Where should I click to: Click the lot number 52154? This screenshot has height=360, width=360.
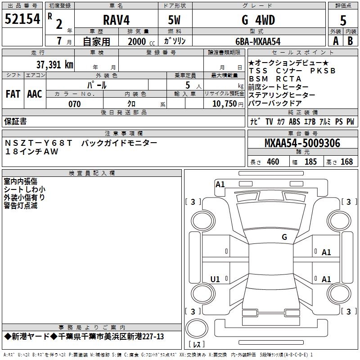[x=22, y=19]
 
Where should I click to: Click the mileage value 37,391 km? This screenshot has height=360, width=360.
[x=54, y=64]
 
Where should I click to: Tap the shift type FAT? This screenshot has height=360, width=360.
[x=13, y=94]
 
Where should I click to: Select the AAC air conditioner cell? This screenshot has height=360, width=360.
[x=35, y=94]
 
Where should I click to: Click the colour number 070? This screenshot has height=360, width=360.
[x=74, y=104]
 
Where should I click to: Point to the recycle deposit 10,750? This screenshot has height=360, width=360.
[x=224, y=104]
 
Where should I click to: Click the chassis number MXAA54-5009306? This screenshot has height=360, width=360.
[x=302, y=143]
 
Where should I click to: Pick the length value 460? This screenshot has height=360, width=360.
[x=273, y=162]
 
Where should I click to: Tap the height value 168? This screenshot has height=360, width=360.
[x=346, y=162]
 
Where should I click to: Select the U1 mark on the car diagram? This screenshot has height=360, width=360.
[x=215, y=279]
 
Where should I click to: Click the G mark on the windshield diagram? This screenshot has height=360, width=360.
[x=284, y=237]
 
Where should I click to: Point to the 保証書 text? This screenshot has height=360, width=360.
[x=15, y=121]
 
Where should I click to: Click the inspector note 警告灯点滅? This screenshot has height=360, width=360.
[x=20, y=206]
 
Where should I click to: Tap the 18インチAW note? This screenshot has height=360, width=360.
[x=32, y=152]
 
